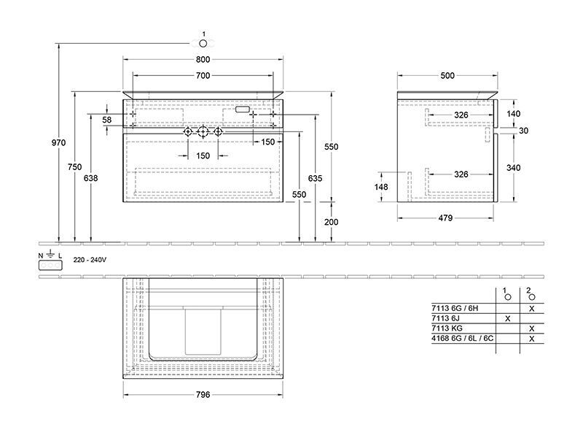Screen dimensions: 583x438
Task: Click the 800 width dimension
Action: click(x=203, y=59)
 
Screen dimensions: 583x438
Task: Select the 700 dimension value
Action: click(x=203, y=76)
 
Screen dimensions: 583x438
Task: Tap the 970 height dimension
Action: click(x=58, y=142)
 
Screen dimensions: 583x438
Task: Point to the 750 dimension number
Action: click(x=75, y=167)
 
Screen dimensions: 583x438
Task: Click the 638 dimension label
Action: click(x=90, y=178)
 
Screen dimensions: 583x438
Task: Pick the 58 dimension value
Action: click(x=106, y=120)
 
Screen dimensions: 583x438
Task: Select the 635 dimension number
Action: click(x=315, y=178)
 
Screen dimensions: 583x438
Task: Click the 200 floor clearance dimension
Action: click(x=332, y=222)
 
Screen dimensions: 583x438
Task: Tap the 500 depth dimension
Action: click(x=447, y=76)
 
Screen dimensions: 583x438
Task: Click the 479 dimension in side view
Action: click(x=445, y=218)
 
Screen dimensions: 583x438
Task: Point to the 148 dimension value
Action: click(x=381, y=187)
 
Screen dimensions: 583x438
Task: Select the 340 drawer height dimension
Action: click(x=514, y=168)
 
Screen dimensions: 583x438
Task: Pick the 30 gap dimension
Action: click(x=523, y=131)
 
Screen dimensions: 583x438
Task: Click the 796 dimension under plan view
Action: click(x=203, y=395)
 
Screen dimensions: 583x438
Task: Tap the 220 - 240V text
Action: click(x=90, y=260)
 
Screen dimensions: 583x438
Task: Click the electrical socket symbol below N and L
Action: click(x=50, y=265)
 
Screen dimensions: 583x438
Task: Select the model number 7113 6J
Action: click(x=445, y=318)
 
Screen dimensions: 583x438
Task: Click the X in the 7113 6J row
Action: click(x=507, y=318)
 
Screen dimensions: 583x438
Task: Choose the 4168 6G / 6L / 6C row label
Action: click(x=463, y=339)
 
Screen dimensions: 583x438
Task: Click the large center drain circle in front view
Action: click(x=203, y=131)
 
